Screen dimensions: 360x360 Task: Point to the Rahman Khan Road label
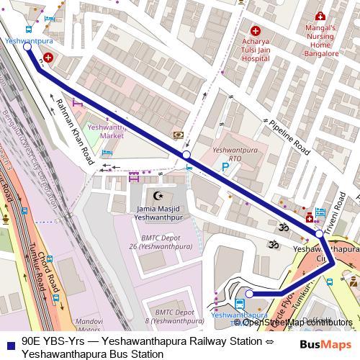click(x=75, y=130)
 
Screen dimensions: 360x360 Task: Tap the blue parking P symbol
click(x=225, y=167)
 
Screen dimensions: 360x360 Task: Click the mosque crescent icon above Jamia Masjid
click(x=158, y=195)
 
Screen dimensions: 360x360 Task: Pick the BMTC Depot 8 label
click(x=170, y=317)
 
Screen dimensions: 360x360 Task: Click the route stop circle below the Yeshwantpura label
click(x=27, y=49)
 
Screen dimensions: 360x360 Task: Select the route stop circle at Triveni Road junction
click(x=319, y=233)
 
